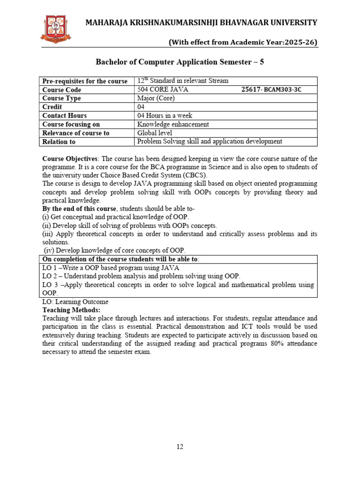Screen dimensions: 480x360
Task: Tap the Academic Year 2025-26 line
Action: pyautogui.click(x=242, y=43)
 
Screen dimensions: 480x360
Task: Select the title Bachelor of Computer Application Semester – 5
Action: pyautogui.click(x=180, y=62)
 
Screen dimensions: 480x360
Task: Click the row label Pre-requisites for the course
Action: pyautogui.click(x=85, y=81)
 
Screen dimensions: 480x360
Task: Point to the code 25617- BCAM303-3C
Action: pyautogui.click(x=268, y=90)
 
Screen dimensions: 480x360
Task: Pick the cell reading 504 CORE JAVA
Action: pyautogui.click(x=160, y=90)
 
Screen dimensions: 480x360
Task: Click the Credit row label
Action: pyautogui.click(x=52, y=107)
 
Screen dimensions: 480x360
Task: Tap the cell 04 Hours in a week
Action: pyautogui.click(x=165, y=115)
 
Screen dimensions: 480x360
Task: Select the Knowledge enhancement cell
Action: pyautogui.click(x=173, y=124)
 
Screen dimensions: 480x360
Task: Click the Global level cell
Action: pyautogui.click(x=154, y=133)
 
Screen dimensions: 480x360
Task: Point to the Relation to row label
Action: pyautogui.click(x=59, y=142)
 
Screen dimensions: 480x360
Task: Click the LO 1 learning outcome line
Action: pyautogui.click(x=111, y=267)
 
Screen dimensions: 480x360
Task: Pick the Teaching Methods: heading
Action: pyautogui.click(x=71, y=310)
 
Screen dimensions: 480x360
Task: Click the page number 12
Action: pyautogui.click(x=180, y=447)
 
